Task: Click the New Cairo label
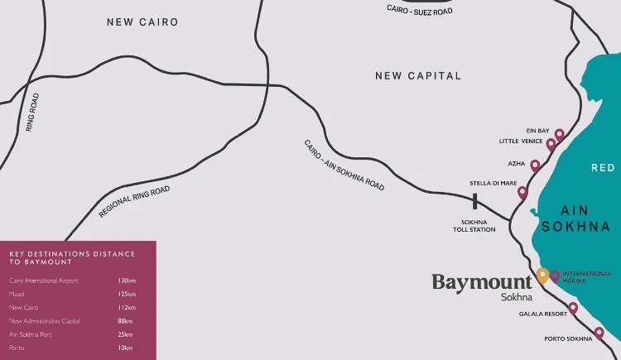142,22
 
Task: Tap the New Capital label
418,75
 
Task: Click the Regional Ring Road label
134,202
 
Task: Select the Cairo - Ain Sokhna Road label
344,166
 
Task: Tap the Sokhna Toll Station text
479,227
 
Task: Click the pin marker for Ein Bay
560,134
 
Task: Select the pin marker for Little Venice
551,145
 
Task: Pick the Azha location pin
535,166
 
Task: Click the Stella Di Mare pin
522,193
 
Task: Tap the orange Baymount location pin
542,275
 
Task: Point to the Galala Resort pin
573,308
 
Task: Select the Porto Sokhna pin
599,333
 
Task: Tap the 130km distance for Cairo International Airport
128,281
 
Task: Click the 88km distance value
126,320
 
